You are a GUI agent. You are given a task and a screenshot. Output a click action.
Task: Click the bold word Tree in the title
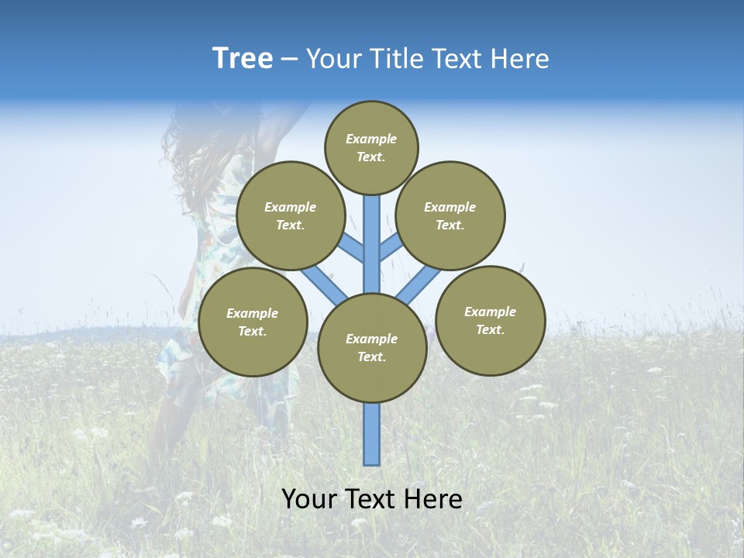(243, 59)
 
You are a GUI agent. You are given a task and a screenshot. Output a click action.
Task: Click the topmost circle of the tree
(371, 147)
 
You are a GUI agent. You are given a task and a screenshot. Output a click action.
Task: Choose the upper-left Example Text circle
(291, 215)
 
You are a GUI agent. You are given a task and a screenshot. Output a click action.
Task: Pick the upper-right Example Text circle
(450, 215)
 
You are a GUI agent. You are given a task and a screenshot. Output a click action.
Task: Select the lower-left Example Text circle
(253, 322)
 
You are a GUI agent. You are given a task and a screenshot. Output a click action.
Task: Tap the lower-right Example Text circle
(490, 320)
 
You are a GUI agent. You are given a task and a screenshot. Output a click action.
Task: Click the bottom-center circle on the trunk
(372, 347)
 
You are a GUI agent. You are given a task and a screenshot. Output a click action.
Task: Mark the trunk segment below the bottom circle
(372, 434)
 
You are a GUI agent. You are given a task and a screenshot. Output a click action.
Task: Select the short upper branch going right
(391, 247)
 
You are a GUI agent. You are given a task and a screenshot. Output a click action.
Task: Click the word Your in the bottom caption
(310, 499)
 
